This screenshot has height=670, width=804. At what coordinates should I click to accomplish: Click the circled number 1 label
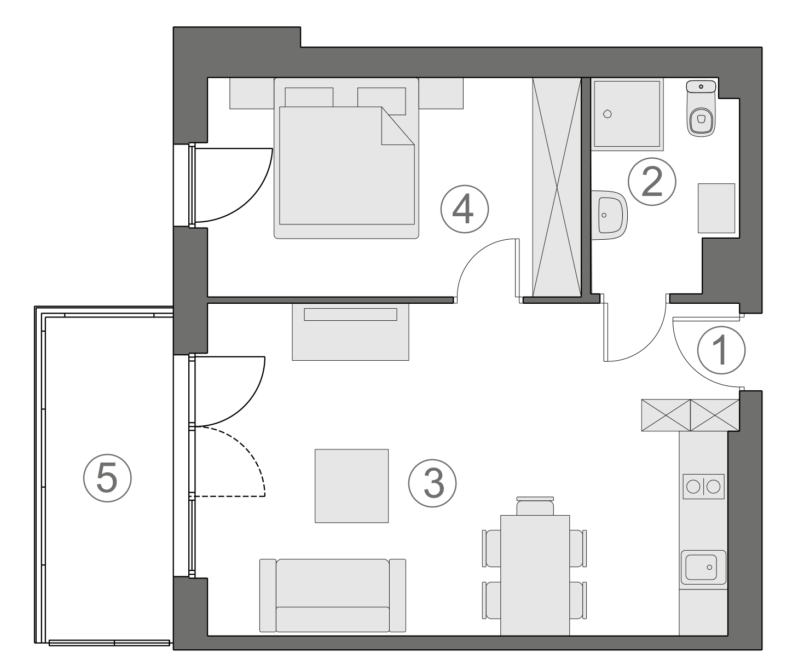[x=721, y=350]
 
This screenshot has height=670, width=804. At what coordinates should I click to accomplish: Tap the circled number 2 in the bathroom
[x=652, y=182]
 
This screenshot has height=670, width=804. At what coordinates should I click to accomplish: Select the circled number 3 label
[x=432, y=483]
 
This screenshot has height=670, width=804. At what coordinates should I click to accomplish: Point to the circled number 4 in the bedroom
[x=464, y=209]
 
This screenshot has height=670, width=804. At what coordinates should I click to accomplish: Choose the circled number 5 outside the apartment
[x=107, y=479]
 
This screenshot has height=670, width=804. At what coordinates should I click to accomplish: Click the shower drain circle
[x=606, y=114]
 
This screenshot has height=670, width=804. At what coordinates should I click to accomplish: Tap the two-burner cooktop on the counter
[x=703, y=487]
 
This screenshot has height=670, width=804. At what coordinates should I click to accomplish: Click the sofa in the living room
[x=333, y=596]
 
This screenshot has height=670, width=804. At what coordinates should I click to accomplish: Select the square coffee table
[x=351, y=486]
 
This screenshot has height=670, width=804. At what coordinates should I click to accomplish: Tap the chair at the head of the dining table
[x=535, y=506]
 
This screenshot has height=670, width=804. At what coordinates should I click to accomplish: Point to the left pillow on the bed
[x=309, y=97]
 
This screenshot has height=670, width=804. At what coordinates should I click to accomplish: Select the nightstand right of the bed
[x=441, y=93]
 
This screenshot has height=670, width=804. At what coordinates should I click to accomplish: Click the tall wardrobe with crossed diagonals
[x=557, y=187]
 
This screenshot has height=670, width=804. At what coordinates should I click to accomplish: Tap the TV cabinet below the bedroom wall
[x=350, y=332]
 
